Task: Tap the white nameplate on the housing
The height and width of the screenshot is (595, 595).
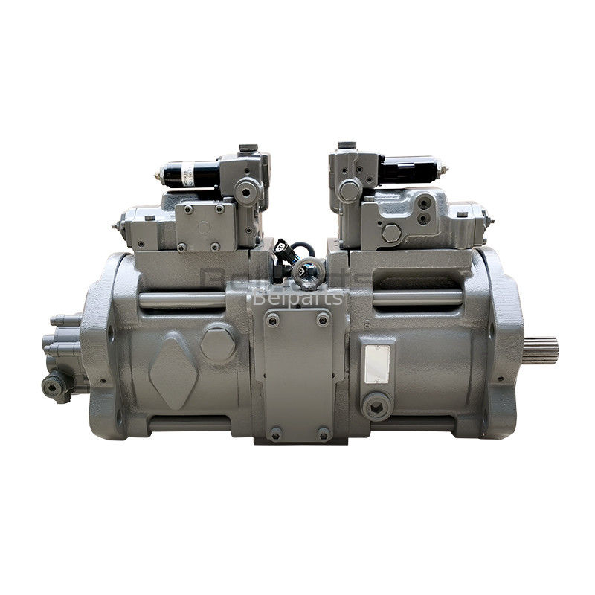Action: click(x=377, y=364)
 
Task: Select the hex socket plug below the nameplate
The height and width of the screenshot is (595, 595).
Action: click(x=373, y=403)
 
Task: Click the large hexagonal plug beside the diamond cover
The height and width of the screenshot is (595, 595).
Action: click(x=217, y=343)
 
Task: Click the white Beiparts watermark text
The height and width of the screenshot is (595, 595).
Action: click(x=297, y=298)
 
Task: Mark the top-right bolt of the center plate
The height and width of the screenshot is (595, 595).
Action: click(x=323, y=320)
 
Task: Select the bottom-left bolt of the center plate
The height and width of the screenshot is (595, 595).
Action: click(x=274, y=432)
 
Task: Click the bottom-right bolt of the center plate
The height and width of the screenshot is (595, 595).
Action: click(x=323, y=432)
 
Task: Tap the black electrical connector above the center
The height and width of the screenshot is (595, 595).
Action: click(x=282, y=249)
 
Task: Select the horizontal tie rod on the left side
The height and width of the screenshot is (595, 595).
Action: click(x=181, y=300)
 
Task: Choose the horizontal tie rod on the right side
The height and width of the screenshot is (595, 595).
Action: click(x=416, y=298)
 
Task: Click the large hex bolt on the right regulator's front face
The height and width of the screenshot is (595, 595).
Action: click(x=391, y=233)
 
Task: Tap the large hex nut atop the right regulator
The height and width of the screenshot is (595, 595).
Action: click(x=350, y=189)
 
